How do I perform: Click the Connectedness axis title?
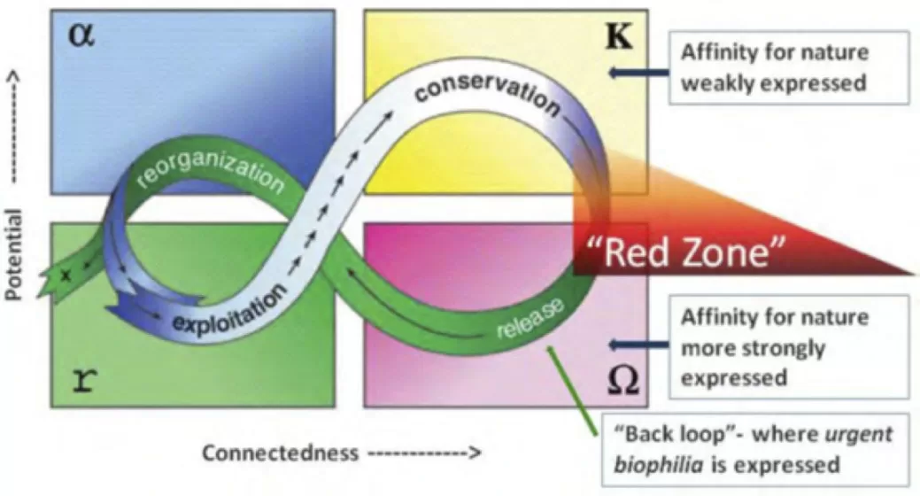coord(280,453)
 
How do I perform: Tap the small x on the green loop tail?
coord(64,275)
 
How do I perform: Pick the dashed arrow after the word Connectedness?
coord(423,453)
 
